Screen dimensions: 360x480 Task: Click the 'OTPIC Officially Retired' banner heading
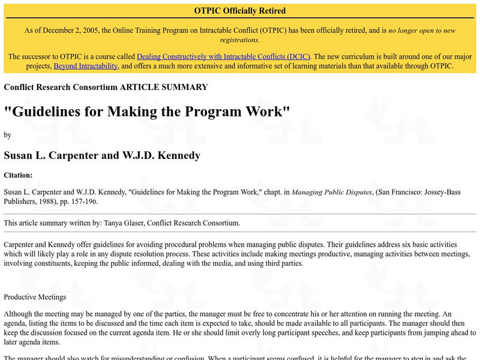point(240,11)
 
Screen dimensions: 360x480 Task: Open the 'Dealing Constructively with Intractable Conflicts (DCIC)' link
point(223,56)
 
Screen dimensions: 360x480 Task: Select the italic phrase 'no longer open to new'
point(422,30)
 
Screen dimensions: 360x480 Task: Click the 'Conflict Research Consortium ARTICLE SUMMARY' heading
point(106,87)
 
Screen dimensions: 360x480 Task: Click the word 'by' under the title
point(7,135)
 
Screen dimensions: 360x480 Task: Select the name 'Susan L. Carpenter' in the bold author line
point(50,155)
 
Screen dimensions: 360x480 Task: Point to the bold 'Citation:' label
point(18,175)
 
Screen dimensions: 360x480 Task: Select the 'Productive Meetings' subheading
point(35,297)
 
